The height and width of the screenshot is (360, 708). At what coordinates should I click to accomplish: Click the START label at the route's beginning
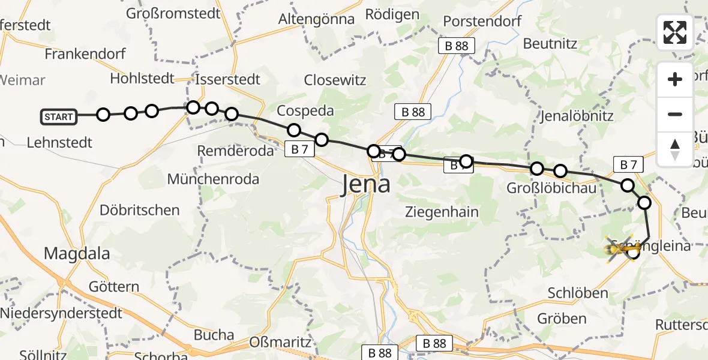(x=59, y=116)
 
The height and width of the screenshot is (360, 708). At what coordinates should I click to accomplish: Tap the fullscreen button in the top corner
(x=675, y=32)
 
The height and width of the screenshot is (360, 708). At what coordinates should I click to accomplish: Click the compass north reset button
(x=675, y=149)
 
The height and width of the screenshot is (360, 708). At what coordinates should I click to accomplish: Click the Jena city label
(x=366, y=184)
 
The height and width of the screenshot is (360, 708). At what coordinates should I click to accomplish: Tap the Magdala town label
(x=77, y=253)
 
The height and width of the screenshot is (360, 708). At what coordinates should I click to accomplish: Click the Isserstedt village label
(x=228, y=79)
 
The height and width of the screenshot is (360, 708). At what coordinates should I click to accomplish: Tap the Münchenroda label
(x=213, y=179)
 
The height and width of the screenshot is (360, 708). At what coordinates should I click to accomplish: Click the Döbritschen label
(x=139, y=210)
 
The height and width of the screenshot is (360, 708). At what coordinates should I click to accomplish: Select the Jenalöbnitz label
(x=577, y=116)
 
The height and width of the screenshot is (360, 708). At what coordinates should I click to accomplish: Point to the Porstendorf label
(x=482, y=22)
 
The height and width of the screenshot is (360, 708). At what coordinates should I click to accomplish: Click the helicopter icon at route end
(x=623, y=248)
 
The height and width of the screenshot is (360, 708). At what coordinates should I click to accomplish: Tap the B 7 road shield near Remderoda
(x=300, y=150)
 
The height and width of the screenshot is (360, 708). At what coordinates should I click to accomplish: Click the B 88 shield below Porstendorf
(x=456, y=46)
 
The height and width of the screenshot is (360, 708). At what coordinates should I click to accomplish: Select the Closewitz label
(x=335, y=80)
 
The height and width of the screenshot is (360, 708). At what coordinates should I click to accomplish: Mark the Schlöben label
(x=578, y=293)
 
